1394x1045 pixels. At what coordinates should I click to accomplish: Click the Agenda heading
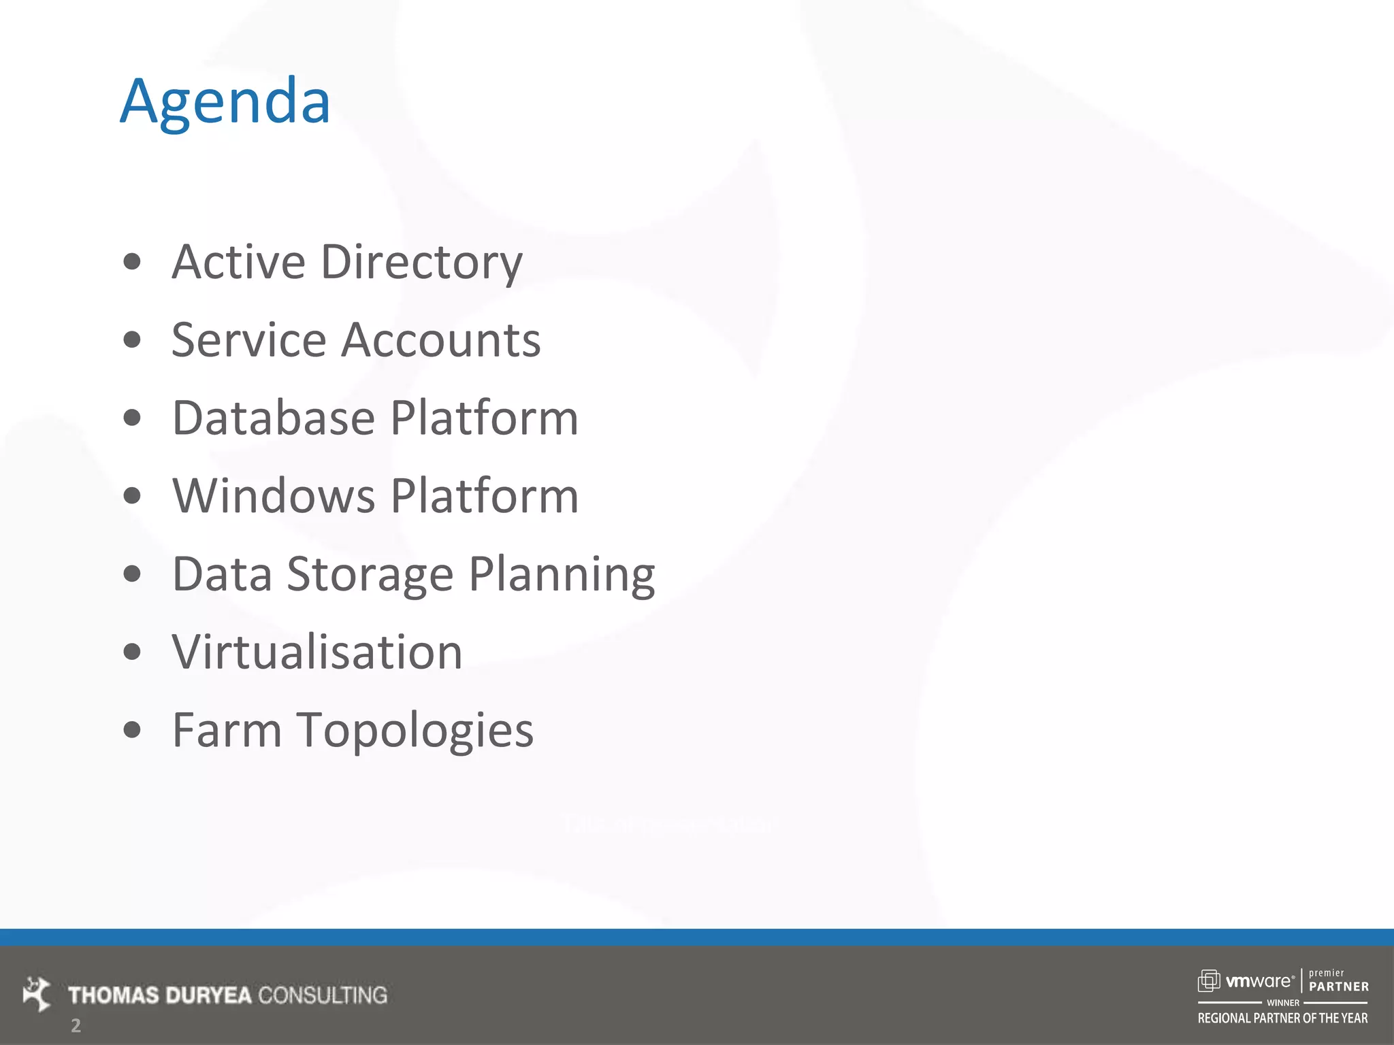[225, 102]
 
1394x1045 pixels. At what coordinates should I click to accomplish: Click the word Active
[238, 262]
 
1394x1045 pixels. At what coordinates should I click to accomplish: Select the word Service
[248, 340]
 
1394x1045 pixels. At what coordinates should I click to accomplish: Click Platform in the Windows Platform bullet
[485, 496]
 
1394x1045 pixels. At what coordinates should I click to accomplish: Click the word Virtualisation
[317, 652]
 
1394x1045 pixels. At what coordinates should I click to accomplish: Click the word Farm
[227, 730]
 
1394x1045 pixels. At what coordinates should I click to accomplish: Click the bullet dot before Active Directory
[132, 262]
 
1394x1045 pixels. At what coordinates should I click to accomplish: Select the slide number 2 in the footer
[76, 1025]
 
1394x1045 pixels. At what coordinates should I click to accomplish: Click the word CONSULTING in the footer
[323, 995]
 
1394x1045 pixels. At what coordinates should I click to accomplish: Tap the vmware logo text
[1259, 981]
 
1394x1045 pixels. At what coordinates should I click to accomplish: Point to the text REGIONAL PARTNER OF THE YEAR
[1282, 1018]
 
